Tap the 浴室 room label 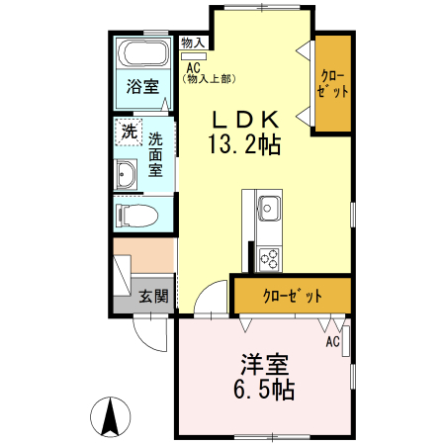pyautogui.click(x=142, y=86)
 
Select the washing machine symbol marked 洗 pyautogui.click(x=129, y=132)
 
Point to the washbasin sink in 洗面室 pyautogui.click(x=126, y=174)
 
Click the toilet pyautogui.click(x=136, y=215)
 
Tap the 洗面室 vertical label pyautogui.click(x=155, y=154)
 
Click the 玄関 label pyautogui.click(x=153, y=296)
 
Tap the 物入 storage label pyautogui.click(x=193, y=43)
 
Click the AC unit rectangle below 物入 pyautogui.click(x=194, y=56)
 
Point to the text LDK pyautogui.click(x=245, y=120)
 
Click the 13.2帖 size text pyautogui.click(x=244, y=144)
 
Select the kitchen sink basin pyautogui.click(x=270, y=209)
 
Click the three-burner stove pyautogui.click(x=269, y=259)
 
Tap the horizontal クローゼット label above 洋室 pyautogui.click(x=293, y=296)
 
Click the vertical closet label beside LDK pyautogui.click(x=332, y=84)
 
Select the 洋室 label pyautogui.click(x=265, y=364)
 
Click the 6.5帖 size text pyautogui.click(x=264, y=390)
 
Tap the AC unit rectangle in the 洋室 pyautogui.click(x=346, y=341)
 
